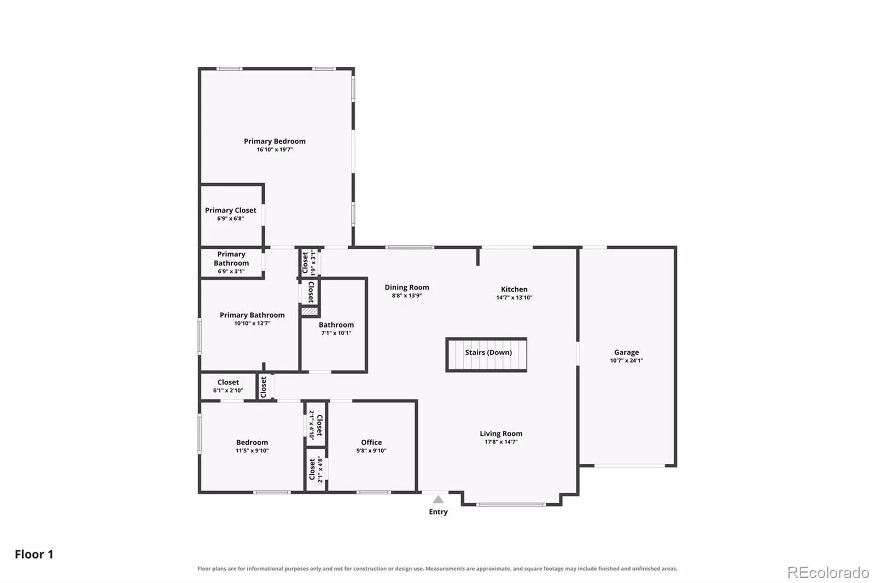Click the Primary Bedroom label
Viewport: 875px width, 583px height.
coord(275,141)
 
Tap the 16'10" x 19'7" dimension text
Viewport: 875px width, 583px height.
coord(275,150)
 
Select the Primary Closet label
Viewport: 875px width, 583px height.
coord(230,210)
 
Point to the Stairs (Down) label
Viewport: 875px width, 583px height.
coord(488,352)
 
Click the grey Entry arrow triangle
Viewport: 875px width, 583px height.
coord(438,499)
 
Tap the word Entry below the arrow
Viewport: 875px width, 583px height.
coord(438,511)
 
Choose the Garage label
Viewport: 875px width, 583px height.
coord(627,352)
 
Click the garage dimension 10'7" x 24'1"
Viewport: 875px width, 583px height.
coord(627,360)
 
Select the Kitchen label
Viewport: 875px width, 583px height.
coord(514,289)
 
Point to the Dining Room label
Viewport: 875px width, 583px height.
coord(407,287)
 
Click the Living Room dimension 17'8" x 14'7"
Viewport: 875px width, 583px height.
coord(501,442)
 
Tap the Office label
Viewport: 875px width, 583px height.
coord(371,442)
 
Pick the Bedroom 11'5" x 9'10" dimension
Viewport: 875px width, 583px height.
coord(252,451)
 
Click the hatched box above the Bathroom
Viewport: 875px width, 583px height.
coord(310,311)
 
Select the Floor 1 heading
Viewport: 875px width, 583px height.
coord(34,554)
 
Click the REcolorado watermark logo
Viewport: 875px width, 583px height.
coord(828,573)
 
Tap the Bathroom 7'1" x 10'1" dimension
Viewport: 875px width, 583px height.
coord(336,333)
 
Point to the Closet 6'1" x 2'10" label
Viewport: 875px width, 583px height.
coord(228,386)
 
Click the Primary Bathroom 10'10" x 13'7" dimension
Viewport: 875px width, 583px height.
coord(252,323)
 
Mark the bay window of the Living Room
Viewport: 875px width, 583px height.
coord(511,504)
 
